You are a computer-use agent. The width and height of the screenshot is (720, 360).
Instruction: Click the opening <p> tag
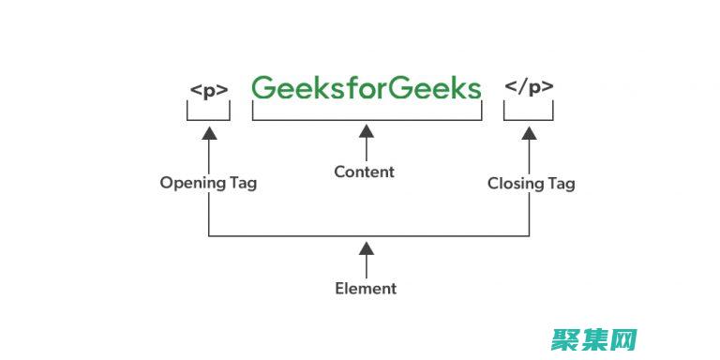tap(208, 91)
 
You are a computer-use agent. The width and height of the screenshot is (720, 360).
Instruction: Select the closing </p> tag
tap(529, 88)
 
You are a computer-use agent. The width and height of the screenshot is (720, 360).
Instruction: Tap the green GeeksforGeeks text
tap(366, 88)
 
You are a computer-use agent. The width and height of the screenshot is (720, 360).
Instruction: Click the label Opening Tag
tap(208, 183)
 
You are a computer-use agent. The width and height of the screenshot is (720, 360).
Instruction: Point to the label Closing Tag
tap(531, 184)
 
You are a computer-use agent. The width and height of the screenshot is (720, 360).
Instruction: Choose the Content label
tap(365, 172)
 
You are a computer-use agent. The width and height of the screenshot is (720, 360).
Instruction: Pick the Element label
tap(366, 289)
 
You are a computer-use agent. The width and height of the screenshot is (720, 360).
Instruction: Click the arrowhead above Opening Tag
tap(208, 134)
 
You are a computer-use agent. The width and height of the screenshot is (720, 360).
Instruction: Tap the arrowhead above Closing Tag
tap(530, 134)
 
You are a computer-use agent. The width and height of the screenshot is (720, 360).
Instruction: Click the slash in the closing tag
tap(523, 87)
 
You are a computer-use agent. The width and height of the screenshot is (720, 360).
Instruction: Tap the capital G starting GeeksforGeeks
tap(264, 88)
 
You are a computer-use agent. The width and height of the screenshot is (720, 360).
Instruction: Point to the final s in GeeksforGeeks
tap(473, 90)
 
